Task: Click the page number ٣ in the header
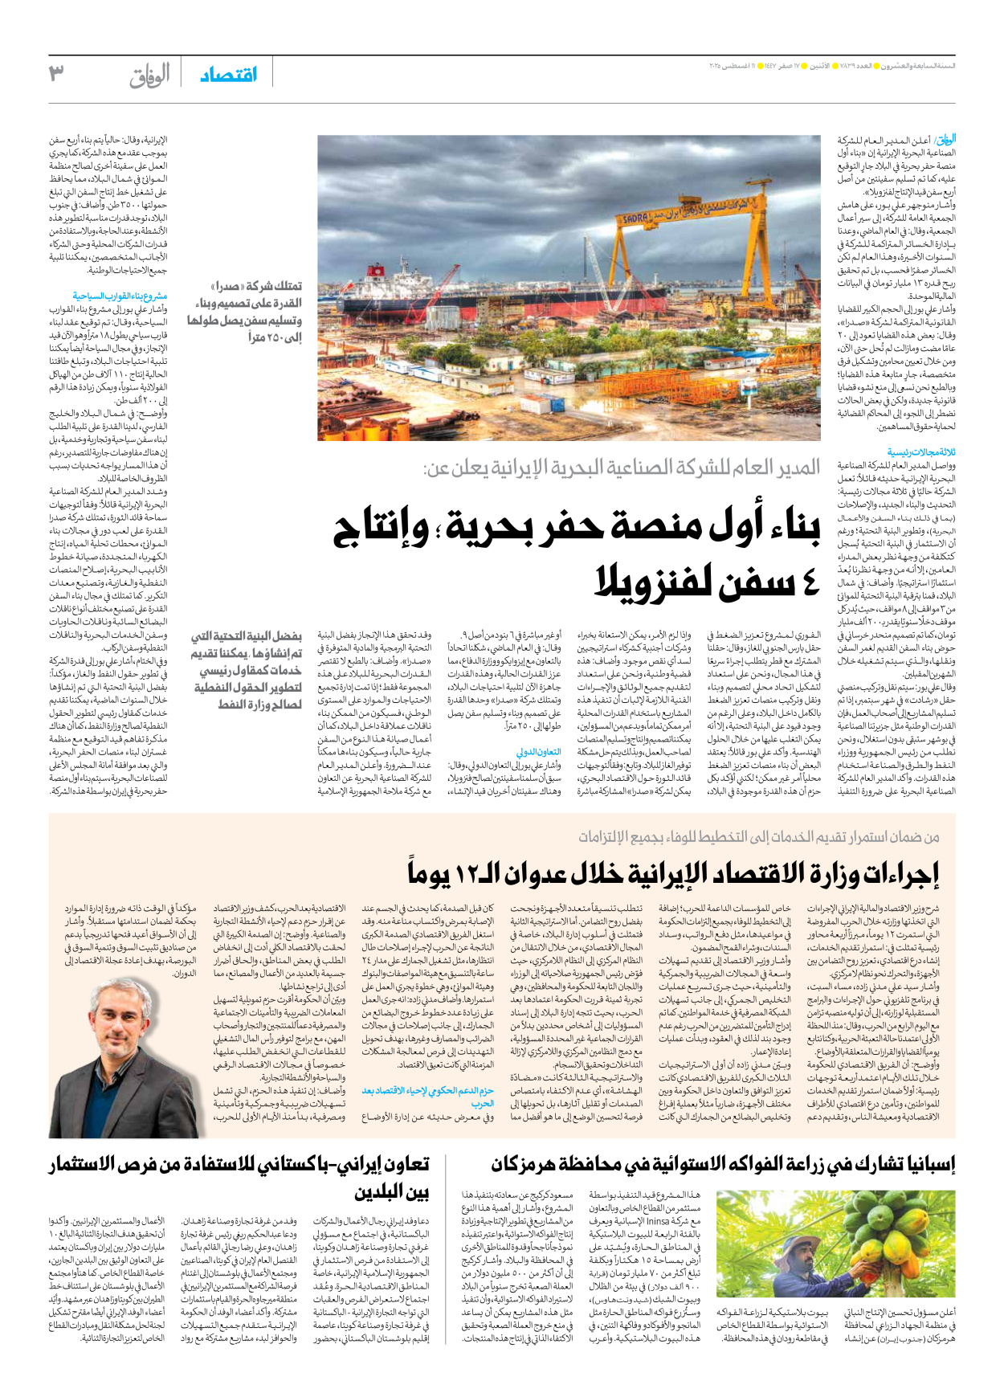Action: pos(56,73)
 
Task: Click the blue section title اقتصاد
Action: pos(229,75)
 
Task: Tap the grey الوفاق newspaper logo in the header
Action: pos(150,76)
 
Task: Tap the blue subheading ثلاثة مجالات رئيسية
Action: pos(921,452)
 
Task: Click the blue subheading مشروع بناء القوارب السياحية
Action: pos(120,296)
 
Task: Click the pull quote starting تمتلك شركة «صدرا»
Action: pos(245,312)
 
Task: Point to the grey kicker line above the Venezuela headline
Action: pos(622,468)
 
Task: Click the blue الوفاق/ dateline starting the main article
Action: pos(945,139)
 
